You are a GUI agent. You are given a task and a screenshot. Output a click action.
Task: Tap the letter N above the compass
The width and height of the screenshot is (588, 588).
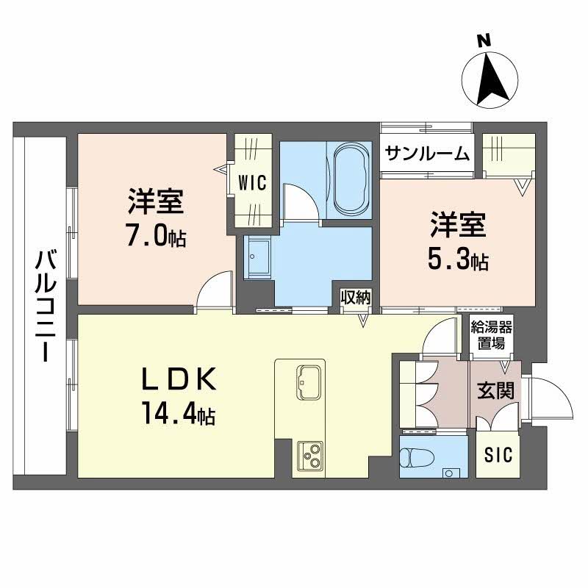[x=484, y=41]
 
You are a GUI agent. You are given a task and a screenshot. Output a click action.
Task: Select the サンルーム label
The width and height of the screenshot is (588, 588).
[x=427, y=154]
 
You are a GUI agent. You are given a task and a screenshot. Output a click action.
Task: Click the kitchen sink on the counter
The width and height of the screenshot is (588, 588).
[x=308, y=381]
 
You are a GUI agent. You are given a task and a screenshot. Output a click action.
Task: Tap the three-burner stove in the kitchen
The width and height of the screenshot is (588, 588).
[x=308, y=456]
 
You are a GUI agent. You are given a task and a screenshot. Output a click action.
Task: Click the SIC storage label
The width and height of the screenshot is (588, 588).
[x=498, y=456]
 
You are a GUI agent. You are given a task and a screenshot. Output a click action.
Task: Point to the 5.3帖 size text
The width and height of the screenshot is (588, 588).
[x=456, y=259]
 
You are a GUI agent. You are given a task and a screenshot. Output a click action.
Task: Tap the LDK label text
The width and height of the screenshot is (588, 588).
[x=179, y=380]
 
